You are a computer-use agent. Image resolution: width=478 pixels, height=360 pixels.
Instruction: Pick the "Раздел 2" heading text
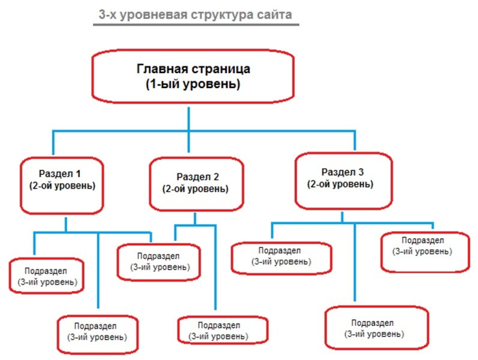pyautogui.click(x=193, y=176)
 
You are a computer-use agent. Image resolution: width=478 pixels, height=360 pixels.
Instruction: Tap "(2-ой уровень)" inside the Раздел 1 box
pyautogui.click(x=61, y=185)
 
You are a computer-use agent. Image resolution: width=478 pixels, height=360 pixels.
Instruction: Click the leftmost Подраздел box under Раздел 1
pyautogui.click(x=46, y=275)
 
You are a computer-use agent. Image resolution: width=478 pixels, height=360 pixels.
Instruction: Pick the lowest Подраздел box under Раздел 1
pyautogui.click(x=96, y=331)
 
